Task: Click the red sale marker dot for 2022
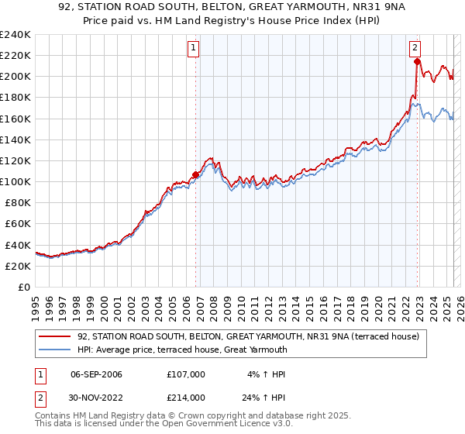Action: click(417, 62)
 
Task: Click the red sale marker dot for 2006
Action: click(195, 174)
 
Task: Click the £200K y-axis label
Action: click(15, 77)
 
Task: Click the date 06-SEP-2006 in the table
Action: click(96, 374)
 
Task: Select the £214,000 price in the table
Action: click(185, 398)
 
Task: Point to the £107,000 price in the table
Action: click(185, 374)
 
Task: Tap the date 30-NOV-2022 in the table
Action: click(96, 398)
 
